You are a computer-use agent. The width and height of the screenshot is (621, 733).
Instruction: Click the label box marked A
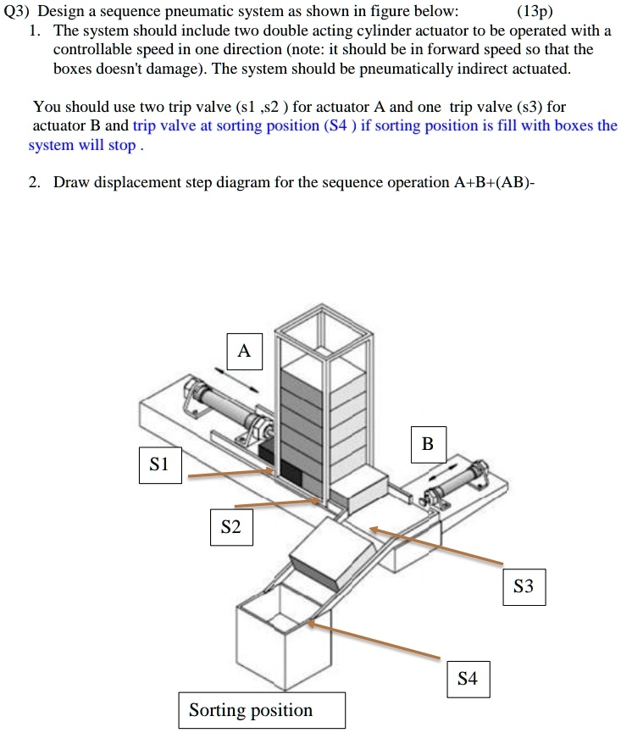click(244, 352)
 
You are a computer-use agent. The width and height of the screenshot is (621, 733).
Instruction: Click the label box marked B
click(429, 445)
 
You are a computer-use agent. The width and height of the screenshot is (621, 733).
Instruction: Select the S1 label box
click(160, 465)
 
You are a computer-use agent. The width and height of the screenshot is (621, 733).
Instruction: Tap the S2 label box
click(231, 527)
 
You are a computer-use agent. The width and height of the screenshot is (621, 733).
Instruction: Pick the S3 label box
click(524, 587)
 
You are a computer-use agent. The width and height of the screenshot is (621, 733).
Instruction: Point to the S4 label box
click(469, 680)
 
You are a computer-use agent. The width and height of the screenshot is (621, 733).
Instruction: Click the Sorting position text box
click(262, 711)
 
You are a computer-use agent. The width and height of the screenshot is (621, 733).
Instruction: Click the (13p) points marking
click(535, 11)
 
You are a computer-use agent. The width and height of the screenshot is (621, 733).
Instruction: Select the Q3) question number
click(16, 11)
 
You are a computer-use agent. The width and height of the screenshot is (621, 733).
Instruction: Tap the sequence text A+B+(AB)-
click(494, 182)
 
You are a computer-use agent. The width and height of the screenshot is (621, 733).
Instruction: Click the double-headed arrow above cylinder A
click(236, 380)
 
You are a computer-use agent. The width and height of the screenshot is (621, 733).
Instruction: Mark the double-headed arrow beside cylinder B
click(445, 471)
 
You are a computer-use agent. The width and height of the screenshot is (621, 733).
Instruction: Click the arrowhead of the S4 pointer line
click(311, 623)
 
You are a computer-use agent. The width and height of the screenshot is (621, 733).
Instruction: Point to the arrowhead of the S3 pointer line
click(373, 529)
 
